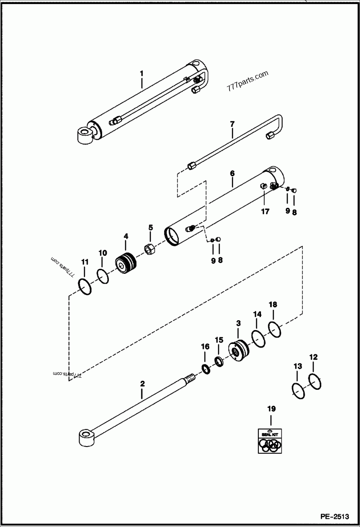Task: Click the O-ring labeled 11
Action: click(x=85, y=286)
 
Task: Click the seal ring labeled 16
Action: click(x=205, y=369)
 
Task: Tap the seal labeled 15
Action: click(x=219, y=361)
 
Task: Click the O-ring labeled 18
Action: click(x=275, y=329)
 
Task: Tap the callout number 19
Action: click(x=271, y=409)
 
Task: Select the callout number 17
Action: click(x=265, y=212)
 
